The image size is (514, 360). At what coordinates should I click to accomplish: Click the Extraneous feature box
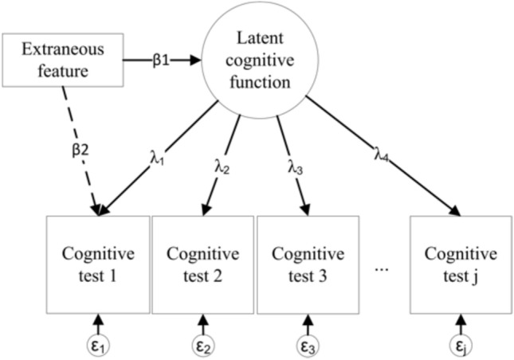pos(63,60)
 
